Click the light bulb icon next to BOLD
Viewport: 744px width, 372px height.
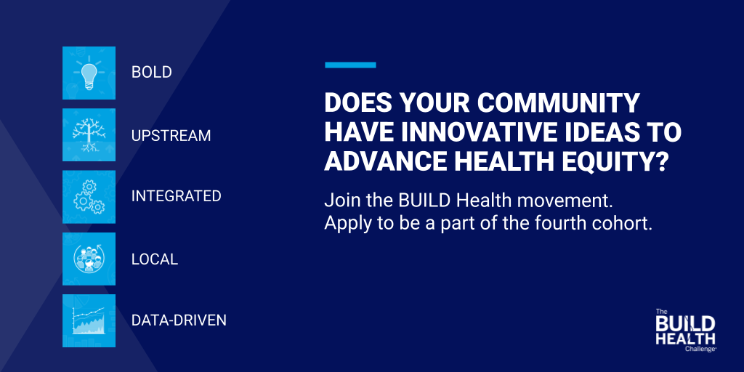coord(89,73)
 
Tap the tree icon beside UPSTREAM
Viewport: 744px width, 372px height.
coord(89,135)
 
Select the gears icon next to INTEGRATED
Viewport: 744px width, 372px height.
coord(89,197)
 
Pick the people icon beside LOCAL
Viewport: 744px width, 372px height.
coord(89,259)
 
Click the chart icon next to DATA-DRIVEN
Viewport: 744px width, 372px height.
coord(89,320)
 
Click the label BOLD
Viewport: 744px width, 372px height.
coord(151,73)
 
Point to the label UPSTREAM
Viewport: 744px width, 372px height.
coord(171,135)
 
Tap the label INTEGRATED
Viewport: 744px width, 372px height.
coord(176,197)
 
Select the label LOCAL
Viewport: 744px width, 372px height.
coord(154,259)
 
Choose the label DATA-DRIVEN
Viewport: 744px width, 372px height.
coord(179,320)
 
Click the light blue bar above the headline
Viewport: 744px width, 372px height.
coord(350,65)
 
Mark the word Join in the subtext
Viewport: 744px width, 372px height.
coord(340,199)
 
